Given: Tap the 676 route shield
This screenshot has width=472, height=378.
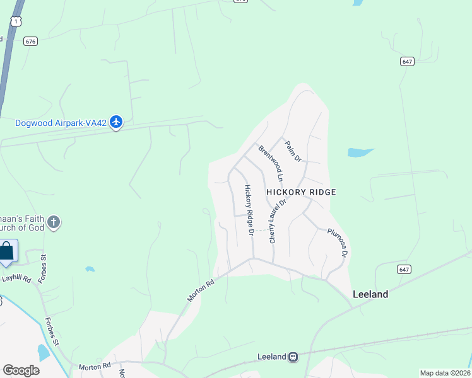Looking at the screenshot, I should click(x=30, y=41).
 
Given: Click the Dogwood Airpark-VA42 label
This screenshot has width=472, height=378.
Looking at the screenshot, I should click(x=61, y=123).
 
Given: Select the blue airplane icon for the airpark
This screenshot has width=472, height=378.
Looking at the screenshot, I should click(x=115, y=122).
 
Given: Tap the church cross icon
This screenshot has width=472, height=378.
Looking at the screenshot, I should click(x=54, y=222).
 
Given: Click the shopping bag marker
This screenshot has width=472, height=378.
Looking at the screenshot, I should click(x=7, y=251).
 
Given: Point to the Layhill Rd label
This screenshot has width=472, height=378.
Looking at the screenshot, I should click(x=16, y=277).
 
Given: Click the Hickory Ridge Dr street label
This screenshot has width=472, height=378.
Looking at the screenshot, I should click(x=250, y=210).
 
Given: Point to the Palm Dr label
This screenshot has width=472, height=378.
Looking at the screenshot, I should click(x=293, y=151).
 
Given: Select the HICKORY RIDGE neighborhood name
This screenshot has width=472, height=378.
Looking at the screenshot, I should click(x=301, y=192).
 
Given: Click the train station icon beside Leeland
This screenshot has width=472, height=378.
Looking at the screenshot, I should click(x=293, y=357).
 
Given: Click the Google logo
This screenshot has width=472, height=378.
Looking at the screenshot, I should click(x=21, y=370).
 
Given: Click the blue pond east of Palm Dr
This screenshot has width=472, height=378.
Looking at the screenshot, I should click(x=360, y=152).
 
